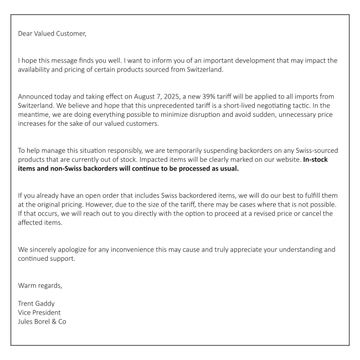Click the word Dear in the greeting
click(27, 33)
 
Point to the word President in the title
click(48, 312)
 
